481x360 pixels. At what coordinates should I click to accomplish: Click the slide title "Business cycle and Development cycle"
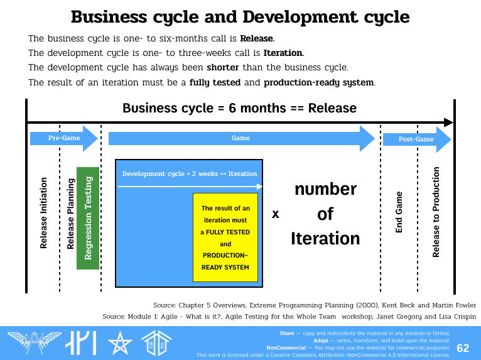[240, 16]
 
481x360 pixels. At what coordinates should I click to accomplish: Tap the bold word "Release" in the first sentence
[257, 39]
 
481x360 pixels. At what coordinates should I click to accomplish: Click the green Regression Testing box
[88, 218]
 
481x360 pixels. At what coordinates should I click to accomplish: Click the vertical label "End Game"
[399, 212]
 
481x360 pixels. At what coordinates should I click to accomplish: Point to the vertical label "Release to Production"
[436, 212]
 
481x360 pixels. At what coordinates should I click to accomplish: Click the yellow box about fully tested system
[225, 237]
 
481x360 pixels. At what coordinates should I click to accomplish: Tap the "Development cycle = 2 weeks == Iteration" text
[190, 173]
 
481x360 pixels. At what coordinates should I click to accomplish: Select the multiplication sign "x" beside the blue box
[275, 214]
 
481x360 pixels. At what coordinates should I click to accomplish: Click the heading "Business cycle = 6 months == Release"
[239, 108]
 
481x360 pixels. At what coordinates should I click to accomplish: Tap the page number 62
[463, 348]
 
